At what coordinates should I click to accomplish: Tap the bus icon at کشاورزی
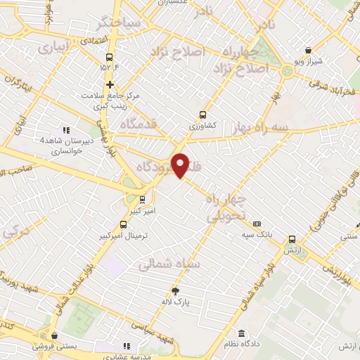click(203, 115)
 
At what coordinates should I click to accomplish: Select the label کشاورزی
click(203, 126)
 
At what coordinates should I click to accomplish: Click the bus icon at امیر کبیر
click(143, 199)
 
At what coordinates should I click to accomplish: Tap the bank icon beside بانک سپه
click(257, 224)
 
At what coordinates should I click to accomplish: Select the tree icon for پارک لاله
click(175, 290)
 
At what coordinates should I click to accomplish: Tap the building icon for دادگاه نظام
click(241, 333)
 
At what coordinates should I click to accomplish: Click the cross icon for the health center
click(110, 84)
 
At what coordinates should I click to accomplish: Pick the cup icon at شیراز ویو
click(309, 49)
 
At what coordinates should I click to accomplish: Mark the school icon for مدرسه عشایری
click(127, 346)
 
